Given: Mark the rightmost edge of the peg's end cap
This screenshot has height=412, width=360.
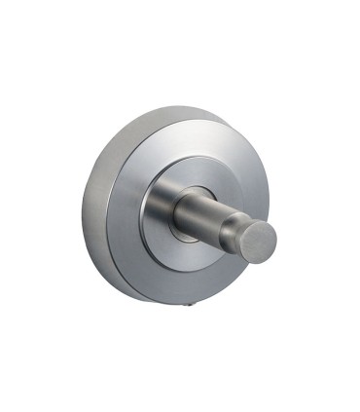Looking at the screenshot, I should coord(277,238).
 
